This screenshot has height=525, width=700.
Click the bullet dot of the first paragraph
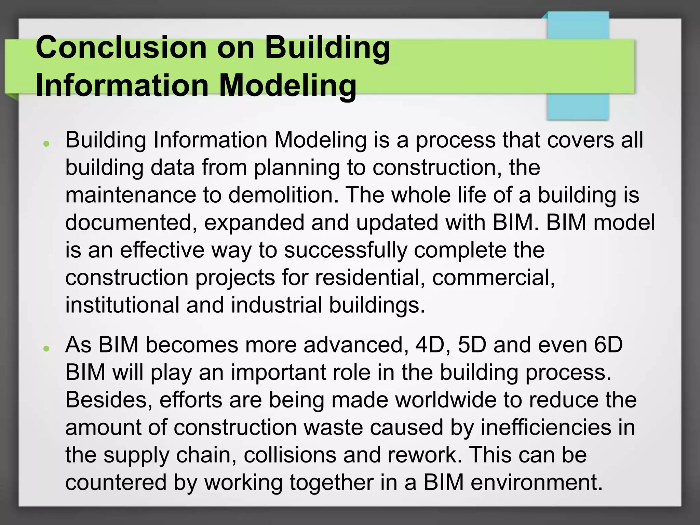(x=46, y=144)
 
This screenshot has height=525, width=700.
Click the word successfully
(x=346, y=250)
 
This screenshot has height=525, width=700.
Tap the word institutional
(x=122, y=305)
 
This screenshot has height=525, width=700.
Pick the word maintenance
(x=131, y=195)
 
